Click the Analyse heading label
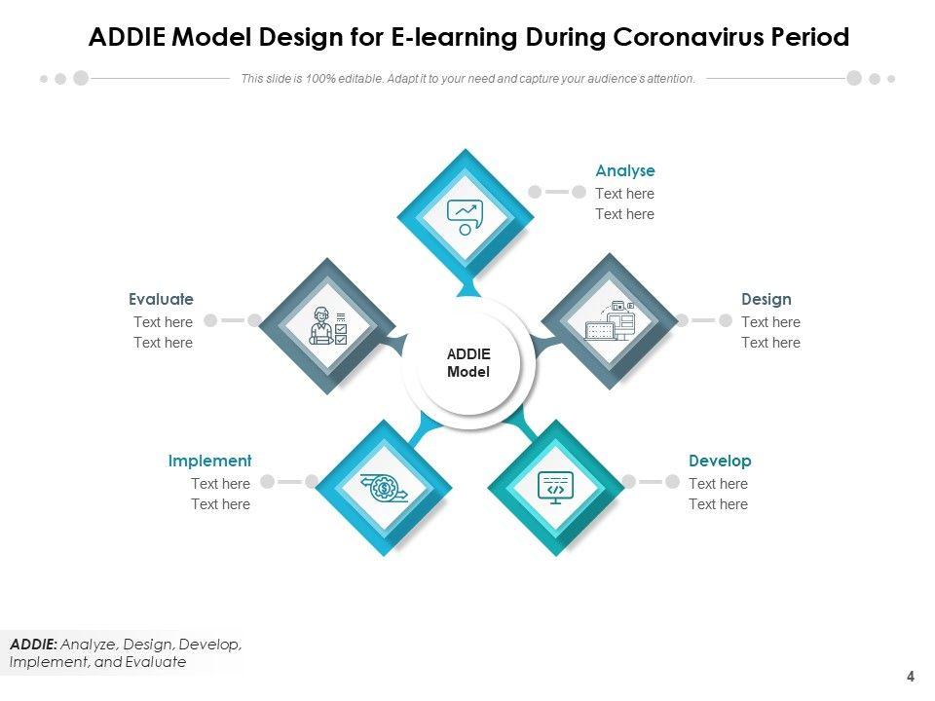(x=624, y=171)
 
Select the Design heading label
(x=766, y=299)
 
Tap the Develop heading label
(x=720, y=461)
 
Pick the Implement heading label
(x=209, y=461)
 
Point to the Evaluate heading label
(x=161, y=299)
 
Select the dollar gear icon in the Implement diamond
(x=383, y=487)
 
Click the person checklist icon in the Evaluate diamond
(x=327, y=325)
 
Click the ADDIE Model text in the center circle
(x=468, y=363)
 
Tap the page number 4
(x=911, y=677)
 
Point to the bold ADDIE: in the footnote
(x=34, y=645)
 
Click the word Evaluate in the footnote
(x=154, y=662)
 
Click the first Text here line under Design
(x=770, y=322)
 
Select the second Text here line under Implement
(x=220, y=504)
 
